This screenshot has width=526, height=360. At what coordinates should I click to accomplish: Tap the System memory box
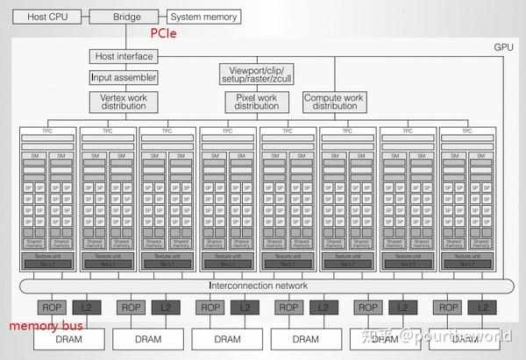tap(203, 16)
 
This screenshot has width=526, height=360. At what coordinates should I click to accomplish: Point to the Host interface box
tap(123, 57)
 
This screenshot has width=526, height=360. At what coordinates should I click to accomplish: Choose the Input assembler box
tap(123, 77)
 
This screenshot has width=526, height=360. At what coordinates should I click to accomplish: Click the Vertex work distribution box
tap(123, 102)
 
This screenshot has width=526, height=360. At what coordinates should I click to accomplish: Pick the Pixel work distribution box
tap(257, 102)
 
